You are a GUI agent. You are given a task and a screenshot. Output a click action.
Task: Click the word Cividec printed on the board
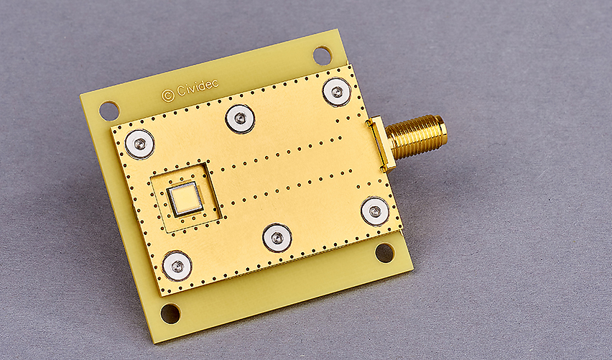pyautogui.click(x=197, y=88)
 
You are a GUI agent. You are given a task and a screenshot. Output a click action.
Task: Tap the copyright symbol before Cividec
pyautogui.click(x=168, y=96)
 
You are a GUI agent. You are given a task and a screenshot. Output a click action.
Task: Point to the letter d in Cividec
pyautogui.click(x=201, y=86)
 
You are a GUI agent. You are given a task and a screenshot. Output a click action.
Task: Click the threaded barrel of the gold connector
pyautogui.click(x=416, y=137)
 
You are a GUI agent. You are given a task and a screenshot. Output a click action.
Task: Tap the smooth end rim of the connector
pyautogui.click(x=442, y=129)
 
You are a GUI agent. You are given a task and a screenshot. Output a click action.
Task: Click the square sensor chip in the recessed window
pyautogui.click(x=185, y=199)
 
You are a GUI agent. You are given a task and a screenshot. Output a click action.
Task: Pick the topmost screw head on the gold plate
pyautogui.click(x=336, y=92)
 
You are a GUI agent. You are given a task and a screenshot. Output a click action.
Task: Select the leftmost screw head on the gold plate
pyautogui.click(x=140, y=144)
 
